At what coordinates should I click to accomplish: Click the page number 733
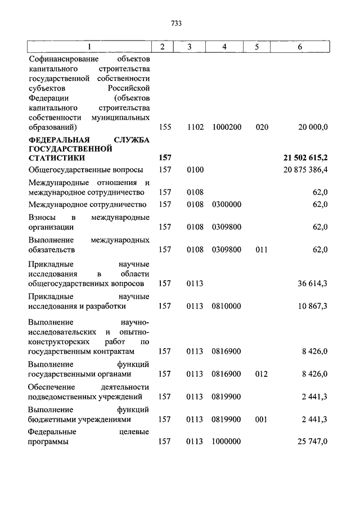pos(177,24)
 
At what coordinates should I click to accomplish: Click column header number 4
pos(224,47)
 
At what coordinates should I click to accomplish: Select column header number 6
pos(300,47)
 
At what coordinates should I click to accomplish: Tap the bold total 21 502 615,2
pos(305,159)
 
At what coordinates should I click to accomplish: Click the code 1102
pos(195,128)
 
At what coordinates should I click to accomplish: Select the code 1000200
pos(227,128)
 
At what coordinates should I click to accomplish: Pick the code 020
pos(262,128)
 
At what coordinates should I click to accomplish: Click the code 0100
pos(195,169)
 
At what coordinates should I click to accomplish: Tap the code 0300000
pos(227,204)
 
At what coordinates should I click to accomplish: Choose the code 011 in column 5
pos(262,249)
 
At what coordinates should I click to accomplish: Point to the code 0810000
pos(227,306)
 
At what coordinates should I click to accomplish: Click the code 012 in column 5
pos(262,373)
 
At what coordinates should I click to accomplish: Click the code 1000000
pos(227,442)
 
